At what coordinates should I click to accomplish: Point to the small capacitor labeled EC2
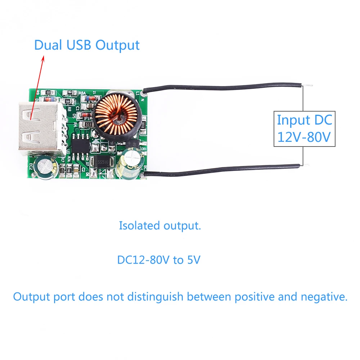pos(46,167)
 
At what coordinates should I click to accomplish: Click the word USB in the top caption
pos(79,45)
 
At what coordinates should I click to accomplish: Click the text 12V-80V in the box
pos(304,137)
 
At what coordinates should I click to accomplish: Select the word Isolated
pos(139,226)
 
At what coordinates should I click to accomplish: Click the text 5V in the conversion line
pos(193,260)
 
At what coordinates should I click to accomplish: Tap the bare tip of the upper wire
pos(309,86)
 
